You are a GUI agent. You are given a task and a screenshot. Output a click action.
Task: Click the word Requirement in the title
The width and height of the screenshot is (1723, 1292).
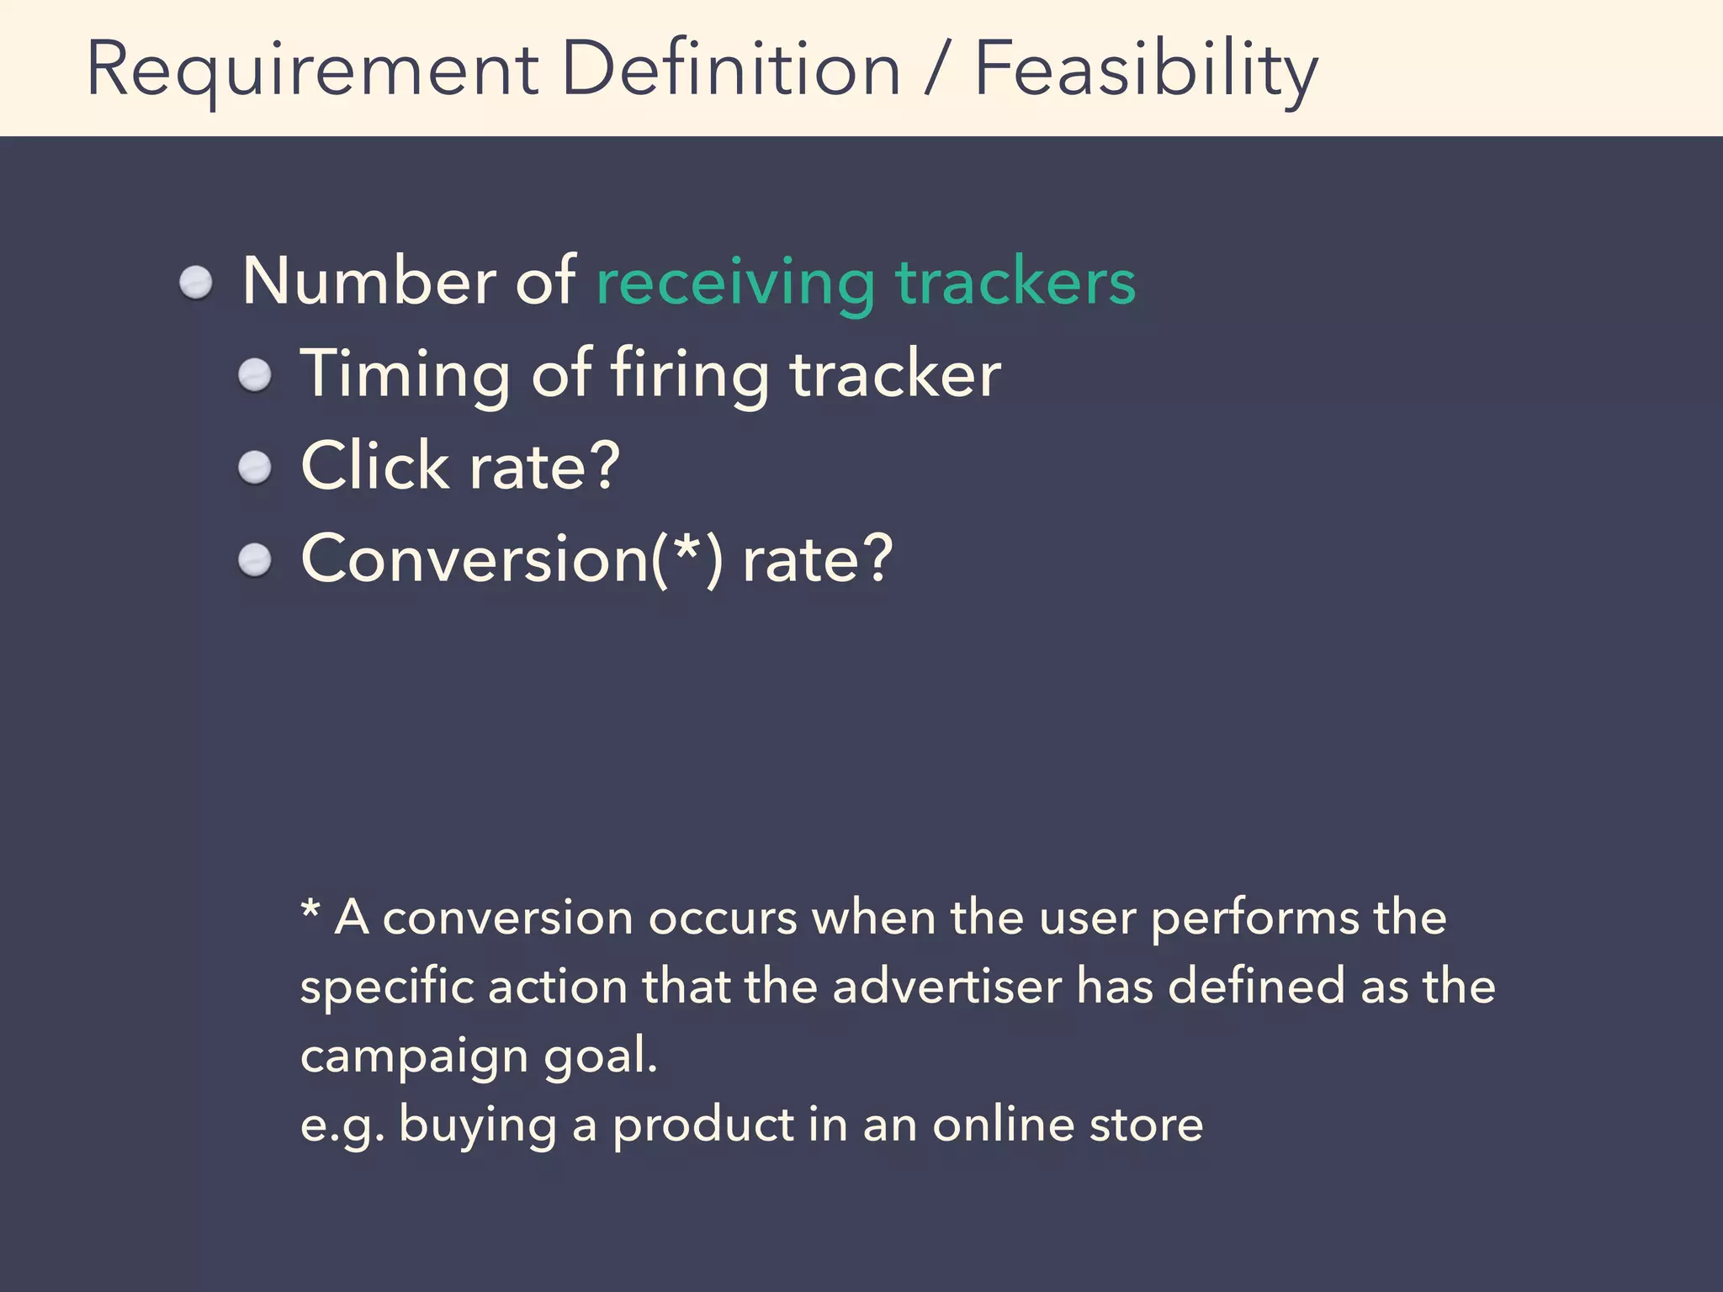312,69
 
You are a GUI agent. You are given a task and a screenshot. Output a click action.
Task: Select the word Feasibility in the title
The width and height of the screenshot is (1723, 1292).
1146,69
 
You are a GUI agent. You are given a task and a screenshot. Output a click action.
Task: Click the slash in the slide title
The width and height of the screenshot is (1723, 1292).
936,69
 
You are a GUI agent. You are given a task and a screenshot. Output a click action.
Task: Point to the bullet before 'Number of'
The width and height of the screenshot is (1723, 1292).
196,283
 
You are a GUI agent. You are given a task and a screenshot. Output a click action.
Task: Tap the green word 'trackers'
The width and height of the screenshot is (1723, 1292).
1015,283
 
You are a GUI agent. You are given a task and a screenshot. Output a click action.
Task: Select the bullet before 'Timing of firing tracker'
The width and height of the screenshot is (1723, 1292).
254,375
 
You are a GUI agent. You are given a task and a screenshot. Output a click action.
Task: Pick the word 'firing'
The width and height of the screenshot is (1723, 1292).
689,375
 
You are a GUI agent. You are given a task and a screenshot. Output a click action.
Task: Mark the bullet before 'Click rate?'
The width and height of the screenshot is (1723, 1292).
254,468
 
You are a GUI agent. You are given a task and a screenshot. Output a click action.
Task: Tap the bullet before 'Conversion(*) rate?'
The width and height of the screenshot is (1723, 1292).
254,560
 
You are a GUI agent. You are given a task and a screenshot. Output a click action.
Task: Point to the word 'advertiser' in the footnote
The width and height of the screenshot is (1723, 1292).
947,987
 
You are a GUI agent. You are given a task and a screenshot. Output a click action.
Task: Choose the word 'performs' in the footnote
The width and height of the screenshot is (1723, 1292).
1254,919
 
